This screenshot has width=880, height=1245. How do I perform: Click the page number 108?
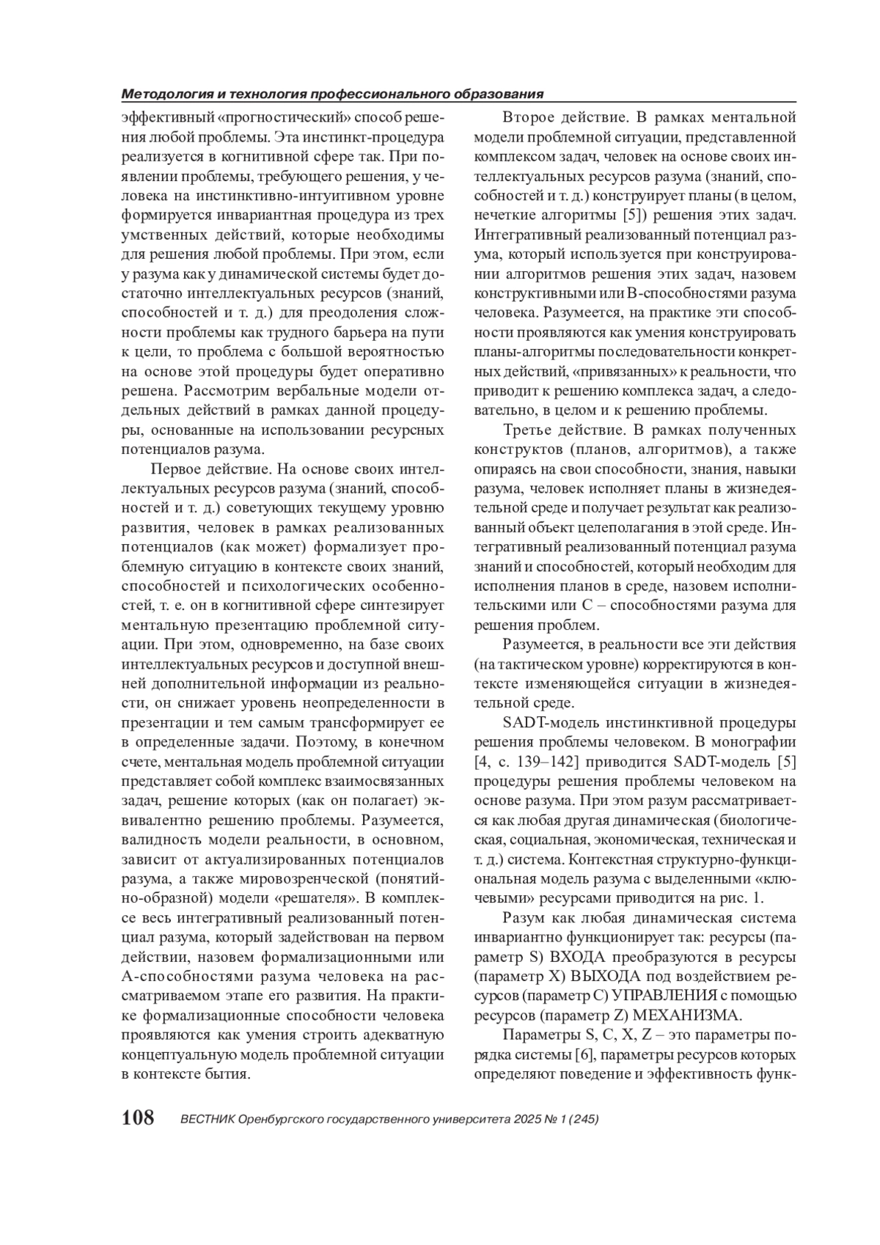137,1118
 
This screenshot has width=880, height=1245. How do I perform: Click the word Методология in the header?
171,95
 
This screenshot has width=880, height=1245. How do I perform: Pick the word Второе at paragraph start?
529,117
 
